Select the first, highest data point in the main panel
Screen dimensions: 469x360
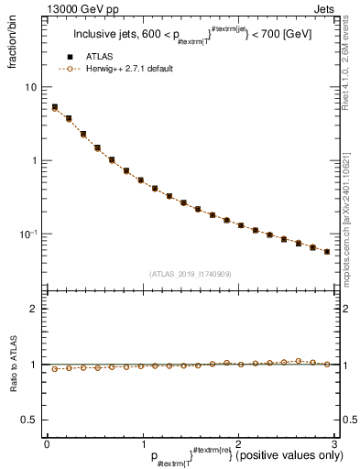tap(55, 107)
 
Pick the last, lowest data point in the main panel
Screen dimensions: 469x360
tap(327, 251)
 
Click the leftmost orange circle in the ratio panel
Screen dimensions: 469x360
tap(55, 369)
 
